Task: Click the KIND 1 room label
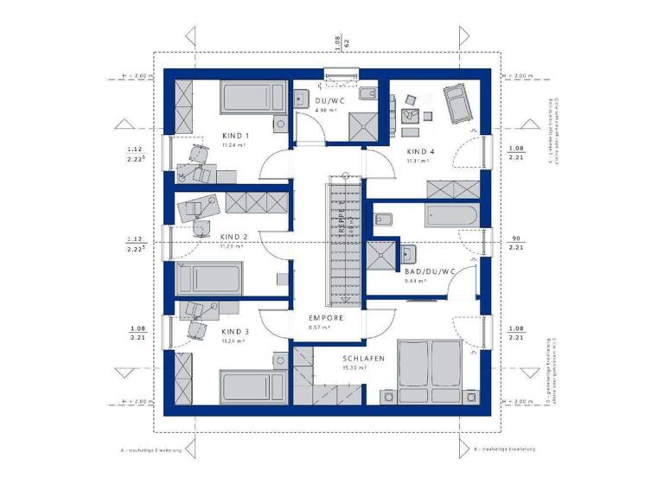(x=235, y=137)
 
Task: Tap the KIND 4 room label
(x=421, y=151)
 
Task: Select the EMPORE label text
(x=327, y=318)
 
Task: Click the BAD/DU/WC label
(x=429, y=271)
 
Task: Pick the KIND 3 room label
(x=235, y=332)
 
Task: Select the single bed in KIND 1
(x=254, y=98)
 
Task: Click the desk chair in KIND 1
(x=200, y=154)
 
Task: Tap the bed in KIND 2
(x=209, y=279)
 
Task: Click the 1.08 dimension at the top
(x=337, y=41)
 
